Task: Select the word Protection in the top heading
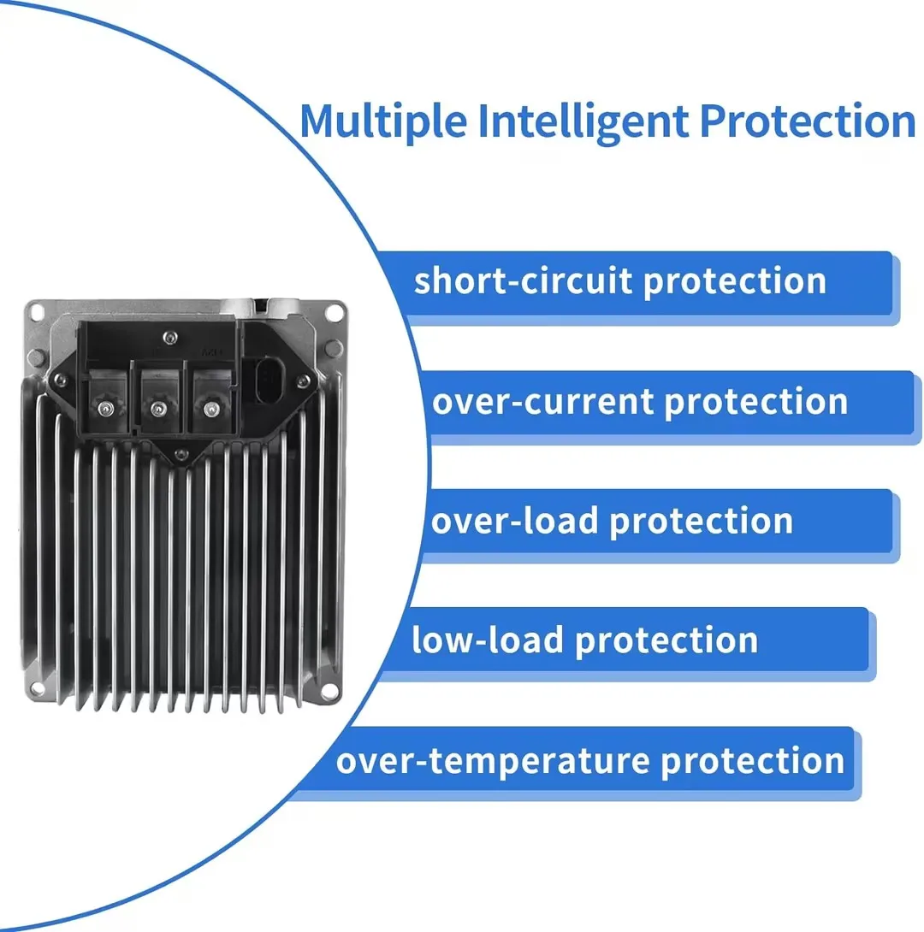click(807, 121)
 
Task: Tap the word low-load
click(487, 640)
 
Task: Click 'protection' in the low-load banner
click(666, 640)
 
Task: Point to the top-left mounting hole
click(37, 311)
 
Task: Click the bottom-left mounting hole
click(37, 688)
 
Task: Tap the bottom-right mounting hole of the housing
click(330, 688)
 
